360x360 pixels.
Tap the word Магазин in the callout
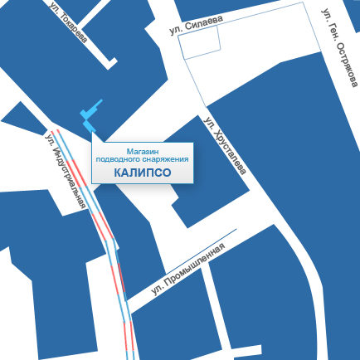(x=143, y=150)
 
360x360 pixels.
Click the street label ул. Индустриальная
(x=66, y=171)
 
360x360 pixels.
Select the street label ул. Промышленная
(x=188, y=271)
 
